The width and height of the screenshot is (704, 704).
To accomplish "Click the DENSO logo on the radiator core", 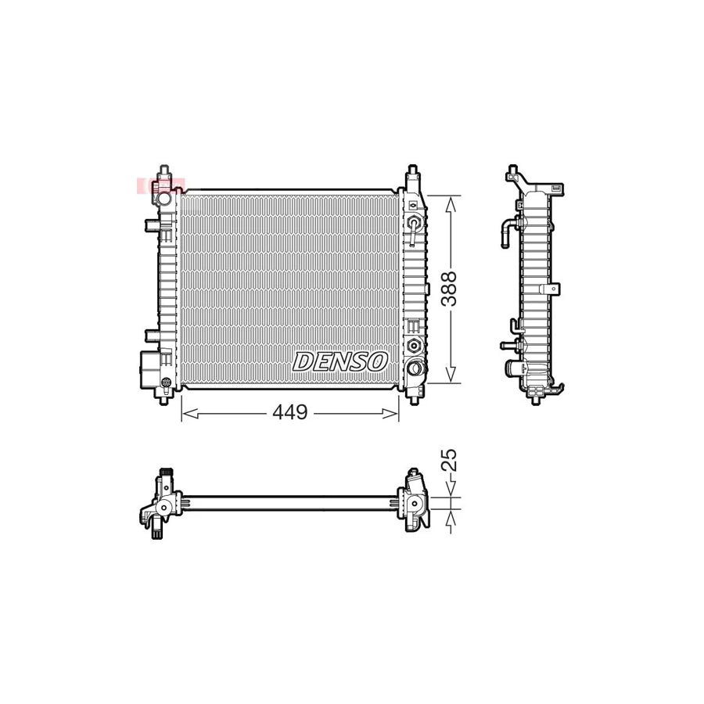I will click(x=340, y=361).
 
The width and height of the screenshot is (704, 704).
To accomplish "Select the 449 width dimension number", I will click(x=290, y=413).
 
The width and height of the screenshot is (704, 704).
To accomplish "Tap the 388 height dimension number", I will click(x=449, y=289).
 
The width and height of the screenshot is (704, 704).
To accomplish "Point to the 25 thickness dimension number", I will click(x=449, y=459).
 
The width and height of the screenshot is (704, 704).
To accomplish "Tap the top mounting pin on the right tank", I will click(x=412, y=173).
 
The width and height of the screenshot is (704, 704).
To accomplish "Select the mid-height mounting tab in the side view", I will click(x=555, y=288).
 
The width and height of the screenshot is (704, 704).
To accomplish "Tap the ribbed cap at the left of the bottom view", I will click(x=165, y=472).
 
